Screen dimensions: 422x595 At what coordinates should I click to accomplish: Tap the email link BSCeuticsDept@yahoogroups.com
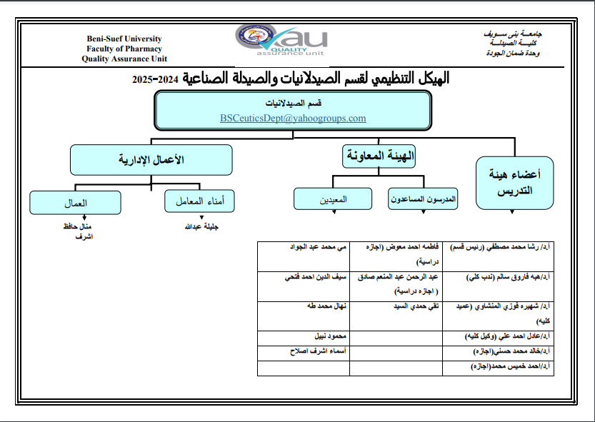click(x=293, y=119)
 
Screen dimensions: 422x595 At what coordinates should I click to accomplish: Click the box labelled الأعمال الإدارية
click(x=151, y=159)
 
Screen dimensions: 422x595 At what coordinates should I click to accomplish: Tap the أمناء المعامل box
click(x=200, y=201)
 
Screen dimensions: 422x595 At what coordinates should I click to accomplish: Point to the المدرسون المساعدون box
click(x=423, y=200)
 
